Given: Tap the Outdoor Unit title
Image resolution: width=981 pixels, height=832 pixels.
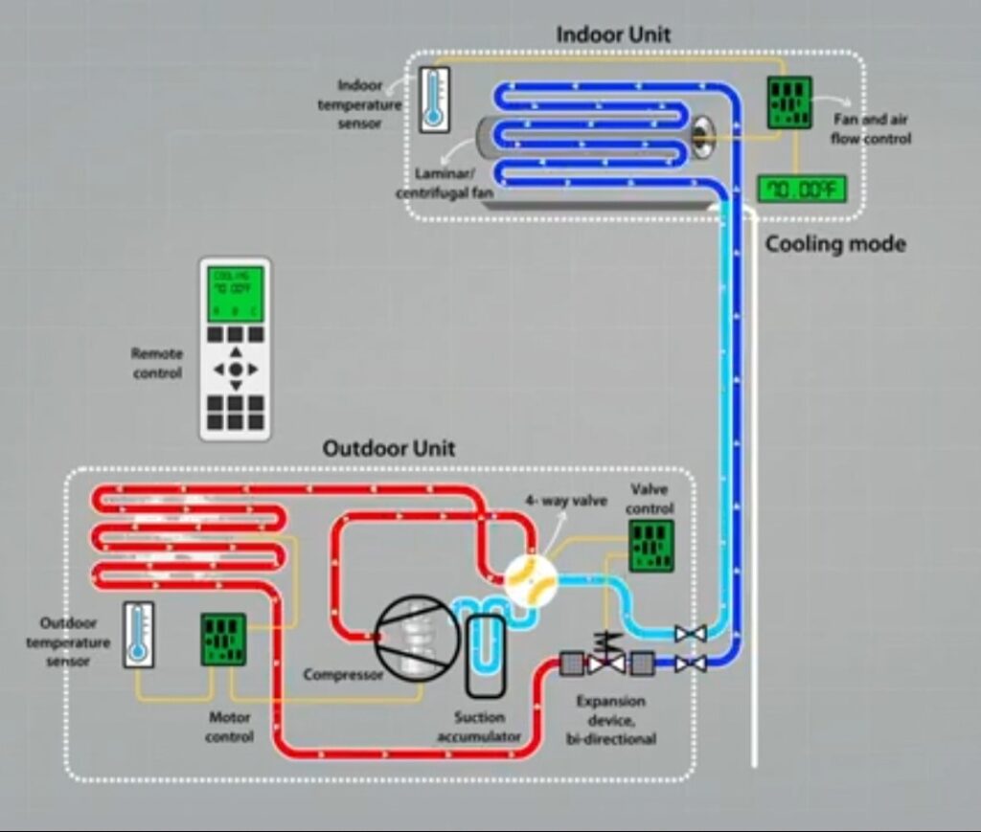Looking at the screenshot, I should point(388,448).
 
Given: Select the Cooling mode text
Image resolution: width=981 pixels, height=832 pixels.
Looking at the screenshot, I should point(834,244).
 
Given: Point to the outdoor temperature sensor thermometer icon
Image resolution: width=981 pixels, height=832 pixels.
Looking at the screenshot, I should point(139,634).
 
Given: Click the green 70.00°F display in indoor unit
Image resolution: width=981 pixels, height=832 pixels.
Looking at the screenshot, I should point(802,190).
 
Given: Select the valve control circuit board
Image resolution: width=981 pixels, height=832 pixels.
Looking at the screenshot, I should point(650,547).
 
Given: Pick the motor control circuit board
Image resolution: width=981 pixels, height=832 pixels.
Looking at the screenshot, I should point(223,639).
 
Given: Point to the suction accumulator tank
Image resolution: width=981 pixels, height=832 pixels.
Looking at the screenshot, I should point(486,655).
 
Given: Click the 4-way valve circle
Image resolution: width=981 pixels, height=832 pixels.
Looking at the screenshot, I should point(530,579).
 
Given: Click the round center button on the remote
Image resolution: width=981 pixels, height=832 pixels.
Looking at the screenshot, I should point(236,369).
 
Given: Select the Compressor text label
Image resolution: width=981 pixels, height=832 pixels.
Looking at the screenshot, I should point(343,675).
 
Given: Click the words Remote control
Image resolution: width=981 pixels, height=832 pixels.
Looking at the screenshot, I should point(157,363).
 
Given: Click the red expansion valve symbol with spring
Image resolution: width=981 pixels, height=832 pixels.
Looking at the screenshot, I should point(606,657).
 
